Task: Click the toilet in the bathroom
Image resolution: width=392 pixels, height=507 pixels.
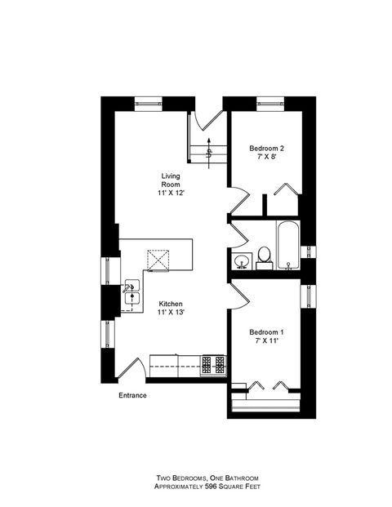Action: (264, 257)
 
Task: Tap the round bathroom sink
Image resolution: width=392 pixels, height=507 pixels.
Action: (242, 261)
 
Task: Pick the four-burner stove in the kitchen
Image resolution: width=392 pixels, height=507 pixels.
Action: (214, 362)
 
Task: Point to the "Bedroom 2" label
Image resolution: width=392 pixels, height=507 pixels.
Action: (266, 148)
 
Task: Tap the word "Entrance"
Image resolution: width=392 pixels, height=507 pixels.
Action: (131, 395)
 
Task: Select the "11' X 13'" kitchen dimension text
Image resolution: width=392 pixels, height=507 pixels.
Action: (171, 312)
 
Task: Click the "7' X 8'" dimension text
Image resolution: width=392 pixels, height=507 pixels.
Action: (266, 157)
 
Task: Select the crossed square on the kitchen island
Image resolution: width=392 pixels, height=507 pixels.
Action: (158, 260)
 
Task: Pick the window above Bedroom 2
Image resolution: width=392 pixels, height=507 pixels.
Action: (269, 103)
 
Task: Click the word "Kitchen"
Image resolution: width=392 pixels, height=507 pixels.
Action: (171, 303)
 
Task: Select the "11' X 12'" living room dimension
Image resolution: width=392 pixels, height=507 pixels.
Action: (171, 194)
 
